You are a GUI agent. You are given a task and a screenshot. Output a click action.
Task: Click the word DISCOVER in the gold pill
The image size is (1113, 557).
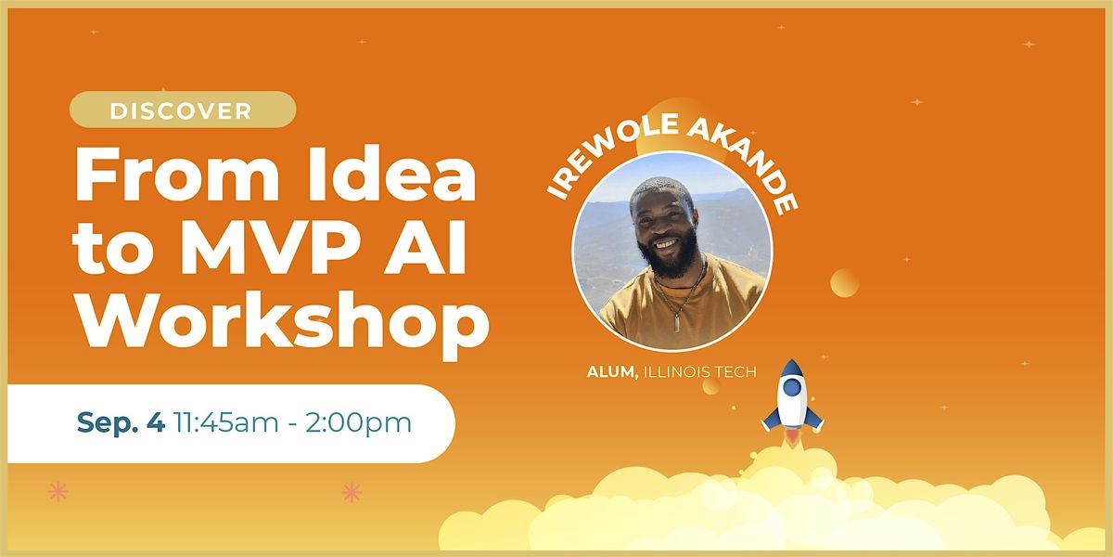[x=181, y=110]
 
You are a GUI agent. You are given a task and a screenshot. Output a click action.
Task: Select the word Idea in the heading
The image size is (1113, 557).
[x=391, y=175]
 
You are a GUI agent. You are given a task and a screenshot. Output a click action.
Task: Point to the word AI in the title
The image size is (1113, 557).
[x=426, y=249]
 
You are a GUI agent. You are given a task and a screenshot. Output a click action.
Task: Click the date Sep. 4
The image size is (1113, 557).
[x=121, y=422]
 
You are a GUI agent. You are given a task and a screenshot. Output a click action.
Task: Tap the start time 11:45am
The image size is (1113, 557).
[x=226, y=422]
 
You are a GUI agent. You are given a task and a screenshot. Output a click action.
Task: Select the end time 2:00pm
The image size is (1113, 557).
[x=358, y=423]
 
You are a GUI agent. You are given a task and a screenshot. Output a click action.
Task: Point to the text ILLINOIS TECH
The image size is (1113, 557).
[x=699, y=371]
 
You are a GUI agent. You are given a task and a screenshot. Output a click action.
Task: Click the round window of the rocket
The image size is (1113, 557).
[x=792, y=386]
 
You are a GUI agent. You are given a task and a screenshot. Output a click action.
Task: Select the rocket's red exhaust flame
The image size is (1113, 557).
[x=792, y=437]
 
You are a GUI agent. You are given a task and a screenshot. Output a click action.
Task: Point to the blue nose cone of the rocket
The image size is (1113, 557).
[x=792, y=368]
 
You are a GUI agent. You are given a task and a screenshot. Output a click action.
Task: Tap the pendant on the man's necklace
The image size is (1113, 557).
[x=677, y=323]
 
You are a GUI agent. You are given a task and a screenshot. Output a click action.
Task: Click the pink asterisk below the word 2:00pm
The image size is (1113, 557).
[x=352, y=492]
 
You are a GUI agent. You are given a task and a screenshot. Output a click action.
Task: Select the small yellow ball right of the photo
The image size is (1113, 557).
[x=844, y=283]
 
